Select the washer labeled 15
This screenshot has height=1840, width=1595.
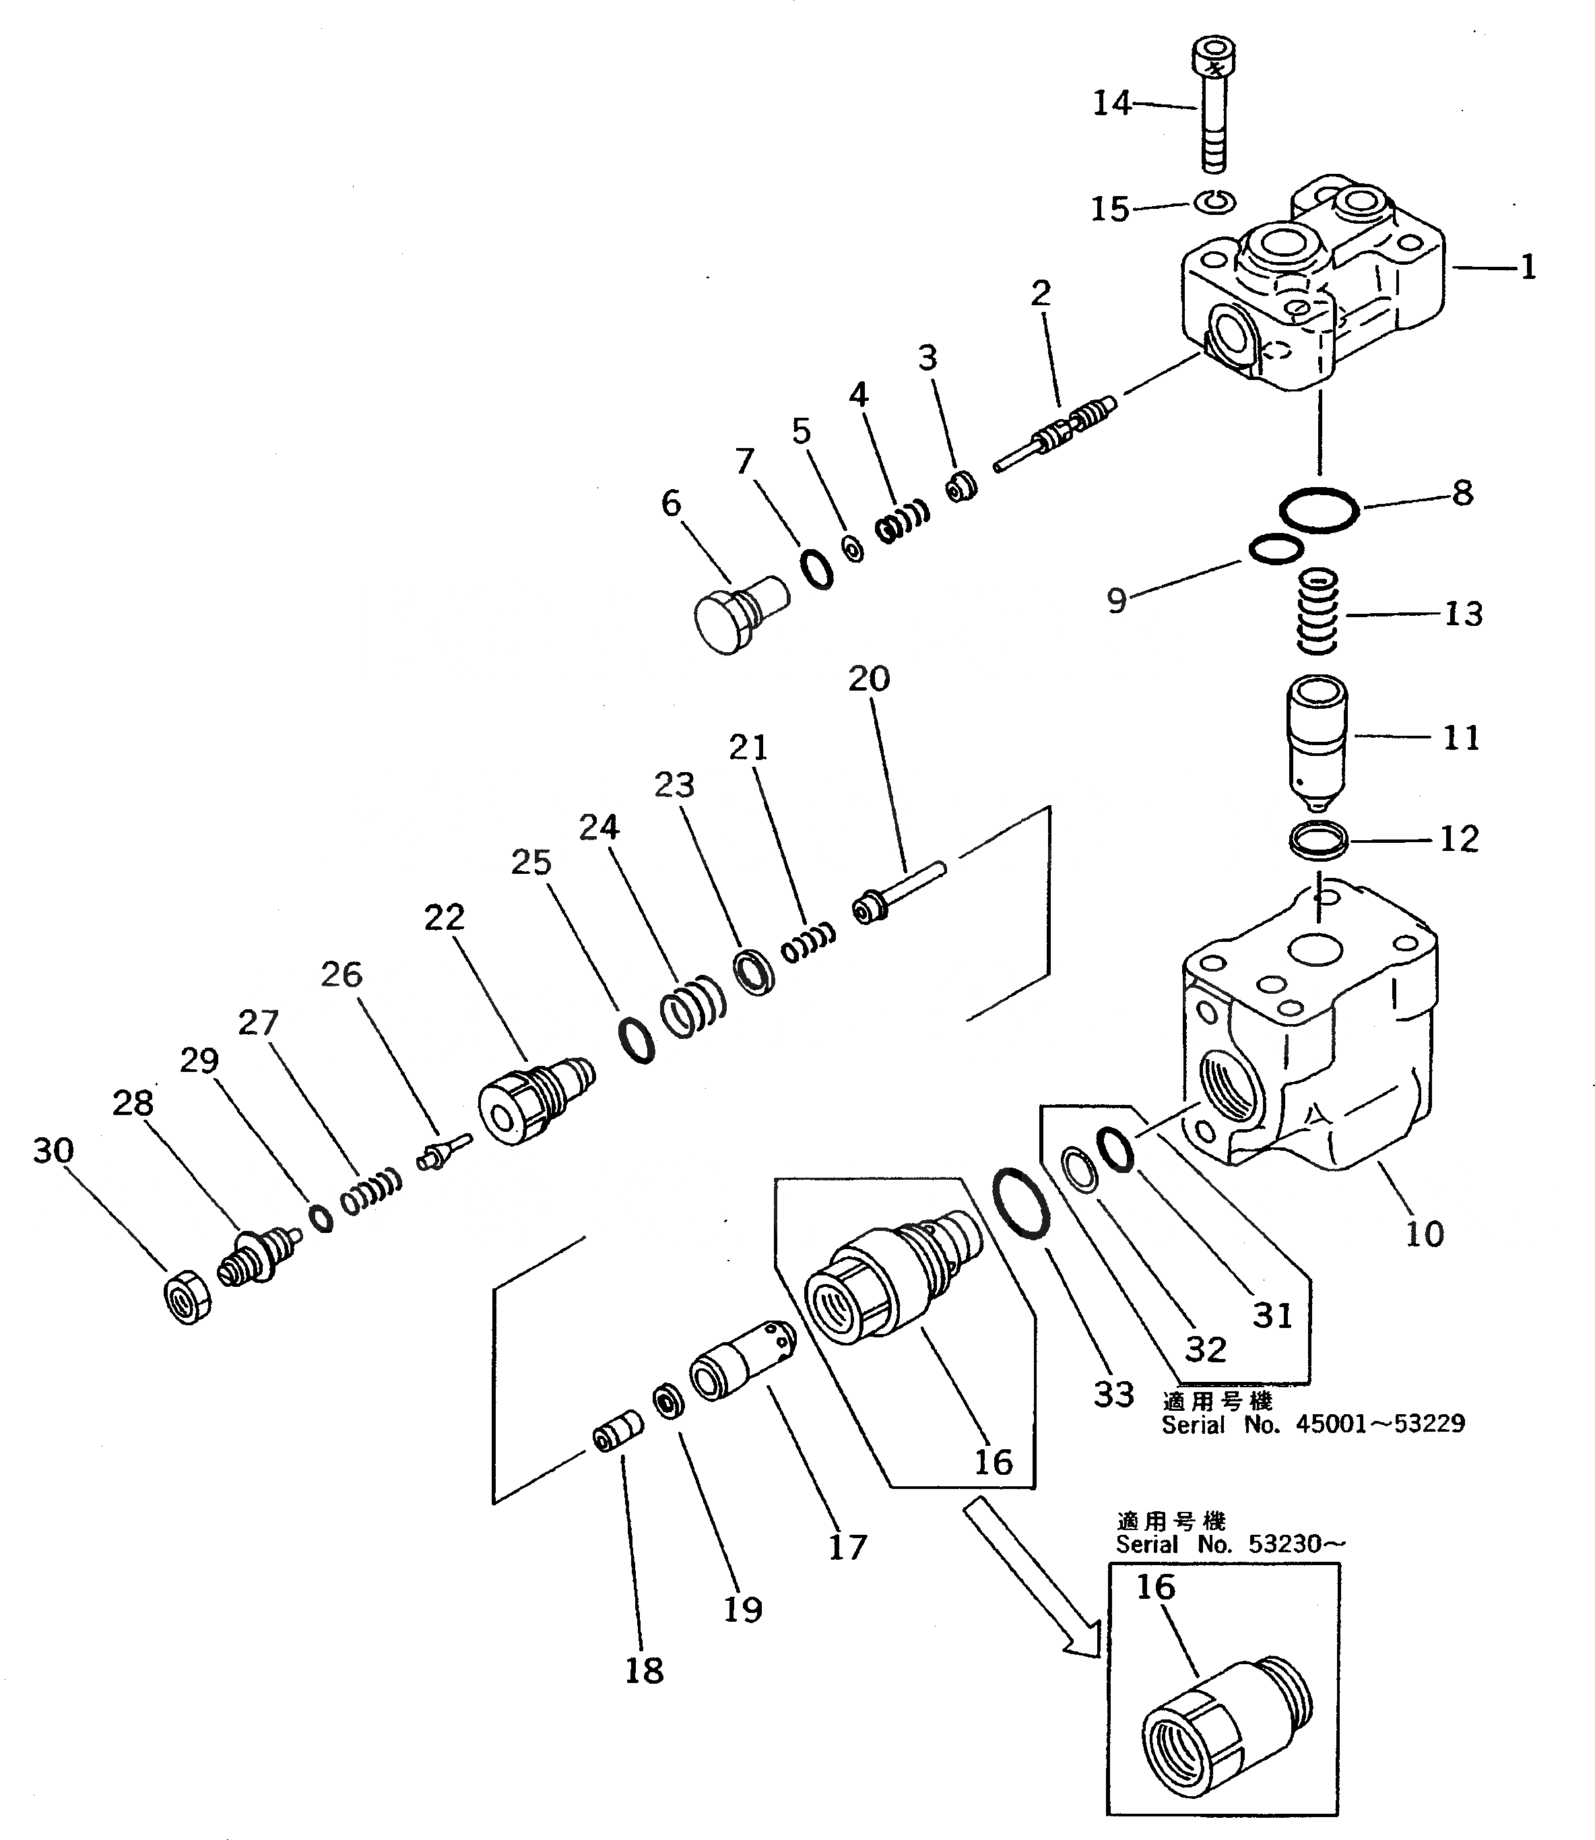[x=1215, y=202]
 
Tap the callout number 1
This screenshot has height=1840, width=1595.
[x=1528, y=267]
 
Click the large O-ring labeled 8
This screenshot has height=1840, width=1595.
[x=1318, y=511]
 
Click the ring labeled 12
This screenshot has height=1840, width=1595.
[x=1318, y=840]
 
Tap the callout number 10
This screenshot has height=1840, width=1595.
[x=1423, y=1233]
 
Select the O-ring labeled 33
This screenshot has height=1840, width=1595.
[x=1019, y=1203]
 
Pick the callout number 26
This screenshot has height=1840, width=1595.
[x=341, y=975]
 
